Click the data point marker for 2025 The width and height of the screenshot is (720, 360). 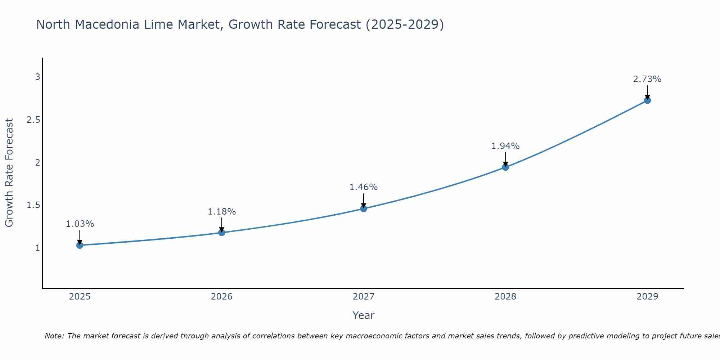point(80,245)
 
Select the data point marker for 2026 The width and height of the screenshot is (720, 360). point(222,233)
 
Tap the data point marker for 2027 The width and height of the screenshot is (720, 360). point(364,208)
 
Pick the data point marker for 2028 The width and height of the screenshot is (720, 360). point(505,167)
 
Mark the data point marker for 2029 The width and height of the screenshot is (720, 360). point(647,100)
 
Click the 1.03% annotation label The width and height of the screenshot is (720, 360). point(80,224)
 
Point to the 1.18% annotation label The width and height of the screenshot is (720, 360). point(222,212)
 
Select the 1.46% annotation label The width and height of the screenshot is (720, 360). point(364,187)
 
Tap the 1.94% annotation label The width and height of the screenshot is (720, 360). point(505,146)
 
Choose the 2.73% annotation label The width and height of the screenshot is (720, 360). point(647,79)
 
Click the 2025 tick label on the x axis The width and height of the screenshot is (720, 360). point(80,297)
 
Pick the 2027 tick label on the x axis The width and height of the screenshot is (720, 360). point(364,297)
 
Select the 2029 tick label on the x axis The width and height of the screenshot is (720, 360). point(647,297)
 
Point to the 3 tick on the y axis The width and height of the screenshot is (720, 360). point(37,77)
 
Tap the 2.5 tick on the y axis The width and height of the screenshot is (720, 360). point(33,120)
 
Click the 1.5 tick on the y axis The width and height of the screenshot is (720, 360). point(33,205)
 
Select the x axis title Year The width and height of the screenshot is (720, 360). point(364,315)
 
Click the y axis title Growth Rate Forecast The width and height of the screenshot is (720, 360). point(9,173)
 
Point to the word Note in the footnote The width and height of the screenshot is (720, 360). point(54,336)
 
